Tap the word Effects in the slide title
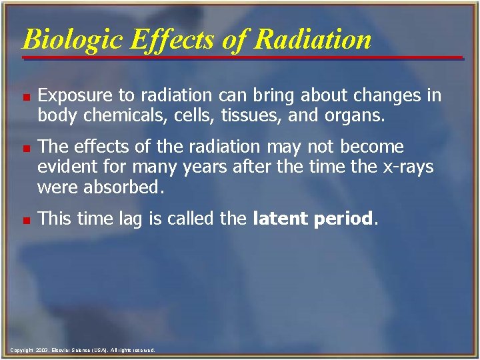(x=173, y=39)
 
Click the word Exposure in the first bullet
(x=71, y=96)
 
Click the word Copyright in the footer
(x=21, y=350)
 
